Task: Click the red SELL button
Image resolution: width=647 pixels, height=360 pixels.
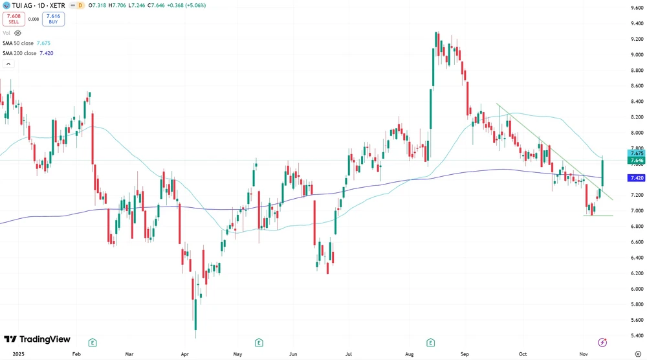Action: click(14, 19)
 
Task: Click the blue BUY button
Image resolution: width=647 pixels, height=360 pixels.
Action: click(54, 19)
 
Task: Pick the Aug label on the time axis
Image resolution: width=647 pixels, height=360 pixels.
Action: click(409, 354)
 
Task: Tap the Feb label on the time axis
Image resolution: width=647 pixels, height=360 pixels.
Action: click(76, 354)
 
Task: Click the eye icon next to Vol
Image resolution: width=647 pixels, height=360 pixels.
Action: click(17, 32)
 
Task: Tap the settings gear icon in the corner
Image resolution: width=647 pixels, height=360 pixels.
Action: click(637, 354)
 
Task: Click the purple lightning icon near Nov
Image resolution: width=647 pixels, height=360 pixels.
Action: click(602, 342)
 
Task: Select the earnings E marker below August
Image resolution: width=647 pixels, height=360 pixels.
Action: click(431, 342)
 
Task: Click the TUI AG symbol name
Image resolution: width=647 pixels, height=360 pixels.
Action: click(25, 5)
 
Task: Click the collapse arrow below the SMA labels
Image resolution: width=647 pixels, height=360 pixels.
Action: click(9, 63)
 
